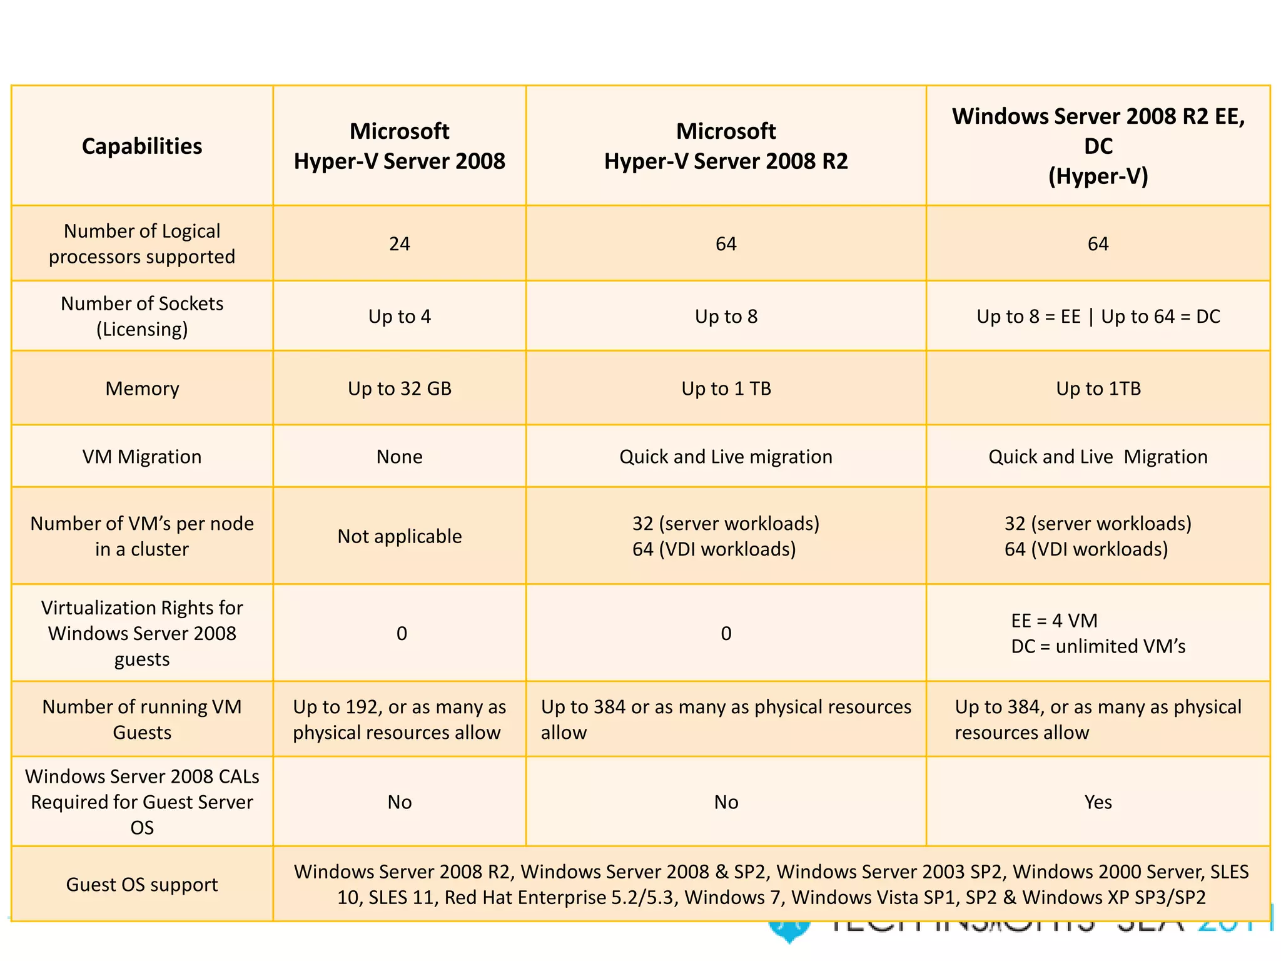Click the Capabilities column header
pos(142,146)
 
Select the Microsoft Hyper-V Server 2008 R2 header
pos(726,146)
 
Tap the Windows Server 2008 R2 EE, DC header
pos(1098,146)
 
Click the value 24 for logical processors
pos(399,244)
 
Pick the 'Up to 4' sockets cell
pos(399,317)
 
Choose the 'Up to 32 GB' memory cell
pos(399,389)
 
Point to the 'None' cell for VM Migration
pos(399,457)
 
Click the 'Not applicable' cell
pos(399,536)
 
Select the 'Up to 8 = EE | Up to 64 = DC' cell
pos(1098,317)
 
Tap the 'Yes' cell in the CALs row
pos(1098,802)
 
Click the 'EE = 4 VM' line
pos(1054,621)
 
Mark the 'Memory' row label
pos(142,389)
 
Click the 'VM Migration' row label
pos(142,457)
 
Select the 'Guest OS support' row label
pos(142,885)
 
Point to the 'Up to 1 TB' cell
pos(726,389)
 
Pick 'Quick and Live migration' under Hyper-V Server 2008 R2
pos(726,457)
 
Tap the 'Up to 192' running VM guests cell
pos(399,719)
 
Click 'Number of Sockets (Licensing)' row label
pos(142,317)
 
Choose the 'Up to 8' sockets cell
pos(726,317)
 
